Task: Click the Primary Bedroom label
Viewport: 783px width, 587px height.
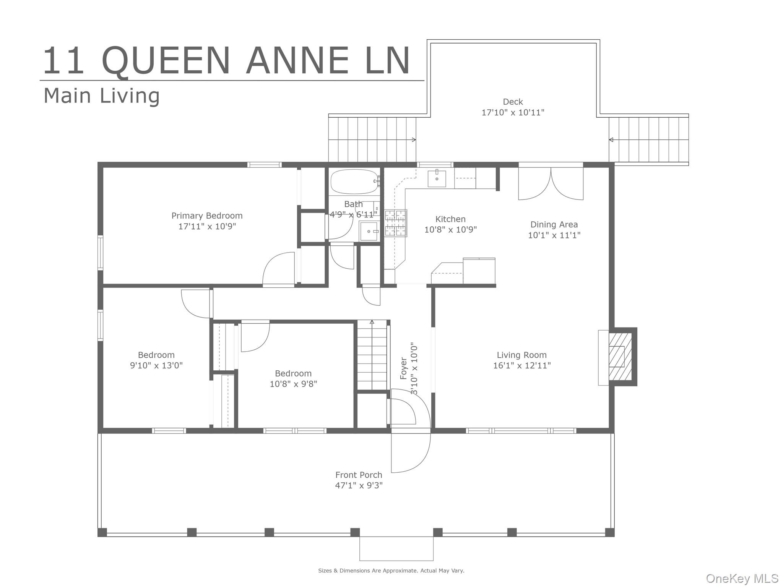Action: (x=207, y=216)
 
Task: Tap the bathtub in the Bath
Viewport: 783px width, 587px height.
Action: (x=354, y=182)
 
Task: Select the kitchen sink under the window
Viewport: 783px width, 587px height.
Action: (x=437, y=178)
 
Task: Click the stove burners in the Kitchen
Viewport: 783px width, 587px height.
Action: (x=396, y=223)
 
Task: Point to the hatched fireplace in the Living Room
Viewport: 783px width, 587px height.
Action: (x=620, y=356)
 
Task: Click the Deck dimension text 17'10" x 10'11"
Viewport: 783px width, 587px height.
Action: (x=513, y=112)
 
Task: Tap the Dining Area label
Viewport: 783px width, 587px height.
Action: (x=554, y=224)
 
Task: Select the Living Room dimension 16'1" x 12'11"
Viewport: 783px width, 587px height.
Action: (x=522, y=365)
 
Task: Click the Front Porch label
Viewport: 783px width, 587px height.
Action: (x=359, y=475)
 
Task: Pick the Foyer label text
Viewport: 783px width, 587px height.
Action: (x=404, y=368)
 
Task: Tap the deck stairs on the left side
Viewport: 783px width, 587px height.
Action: (x=372, y=139)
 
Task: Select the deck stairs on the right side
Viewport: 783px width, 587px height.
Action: (x=649, y=139)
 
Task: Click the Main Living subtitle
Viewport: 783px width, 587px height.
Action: (x=102, y=96)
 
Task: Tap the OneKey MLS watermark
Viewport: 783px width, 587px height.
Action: (x=742, y=579)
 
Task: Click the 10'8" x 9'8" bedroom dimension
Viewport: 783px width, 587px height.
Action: (x=293, y=384)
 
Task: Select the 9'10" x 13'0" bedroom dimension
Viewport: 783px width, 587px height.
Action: (x=156, y=365)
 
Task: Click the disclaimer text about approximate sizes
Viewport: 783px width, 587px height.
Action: (x=391, y=571)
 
